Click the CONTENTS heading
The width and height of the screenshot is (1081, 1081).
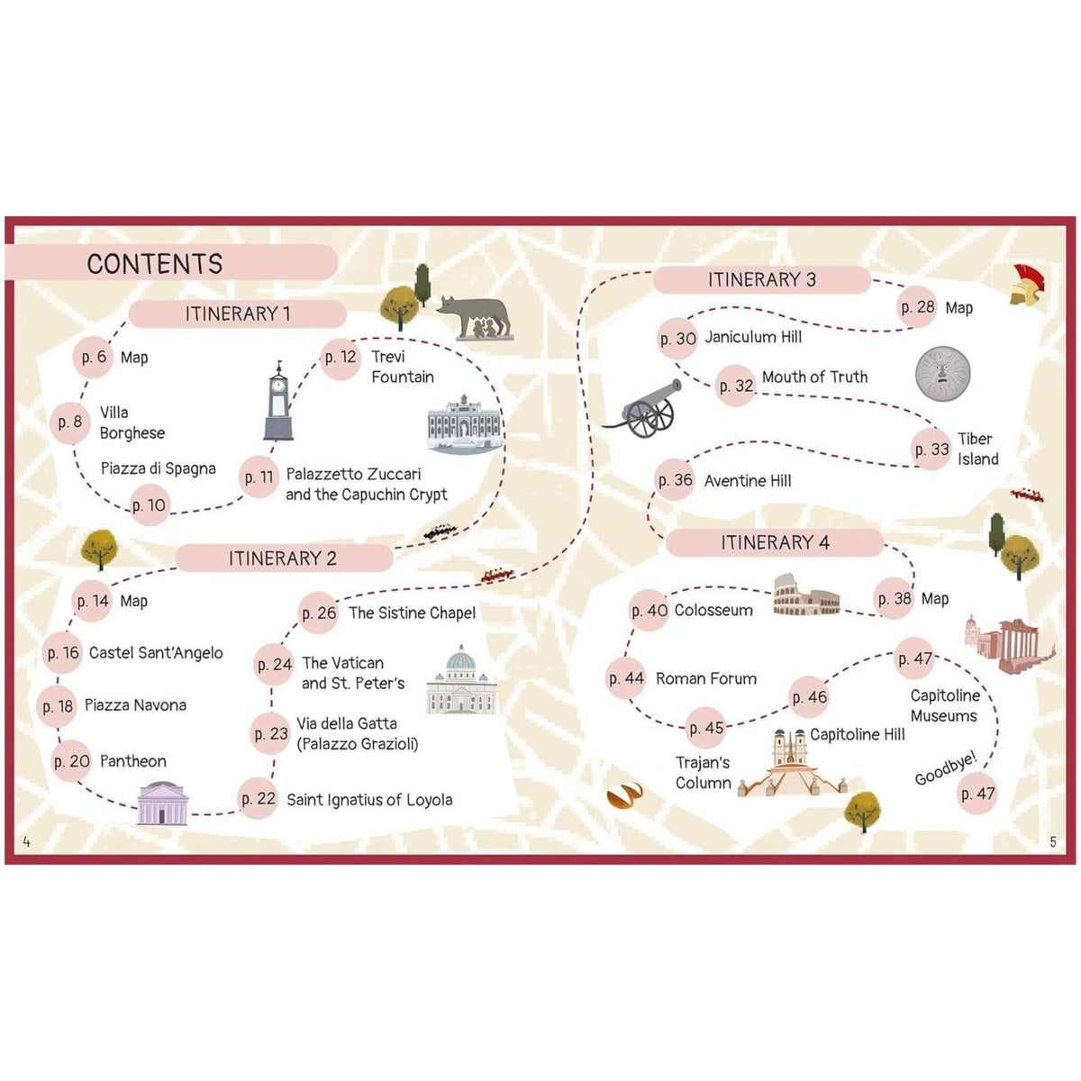(x=155, y=264)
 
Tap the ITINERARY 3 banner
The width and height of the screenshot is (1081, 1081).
(x=762, y=279)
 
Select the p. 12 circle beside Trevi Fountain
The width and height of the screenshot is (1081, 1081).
(x=341, y=358)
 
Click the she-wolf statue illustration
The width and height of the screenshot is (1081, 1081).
(x=475, y=318)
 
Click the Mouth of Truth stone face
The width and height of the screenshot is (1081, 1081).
(x=942, y=374)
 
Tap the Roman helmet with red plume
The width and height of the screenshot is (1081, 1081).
(x=1028, y=285)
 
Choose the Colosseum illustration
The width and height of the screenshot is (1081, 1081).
(x=806, y=595)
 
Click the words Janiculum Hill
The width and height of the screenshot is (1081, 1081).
(x=753, y=337)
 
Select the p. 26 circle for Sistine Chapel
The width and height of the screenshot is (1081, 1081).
(x=319, y=613)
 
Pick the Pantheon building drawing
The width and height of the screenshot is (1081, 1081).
(x=163, y=804)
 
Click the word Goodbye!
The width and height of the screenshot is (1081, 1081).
(x=946, y=768)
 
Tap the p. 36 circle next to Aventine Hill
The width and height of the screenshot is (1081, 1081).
(x=676, y=480)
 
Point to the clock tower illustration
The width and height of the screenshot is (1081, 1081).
(x=278, y=401)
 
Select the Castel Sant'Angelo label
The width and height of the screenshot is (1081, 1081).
(x=156, y=653)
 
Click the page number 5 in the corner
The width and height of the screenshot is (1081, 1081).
(x=1053, y=841)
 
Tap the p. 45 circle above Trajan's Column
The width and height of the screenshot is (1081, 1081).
(x=705, y=728)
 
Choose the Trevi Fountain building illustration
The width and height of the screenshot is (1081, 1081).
(x=465, y=424)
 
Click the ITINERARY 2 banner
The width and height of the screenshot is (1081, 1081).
(x=283, y=559)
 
